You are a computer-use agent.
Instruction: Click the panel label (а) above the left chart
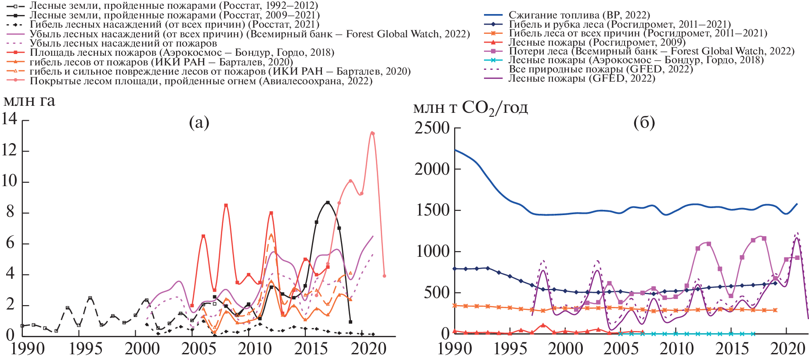click(x=199, y=122)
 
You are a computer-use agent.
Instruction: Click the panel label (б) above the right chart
click(x=644, y=122)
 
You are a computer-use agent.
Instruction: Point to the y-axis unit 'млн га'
click(x=29, y=101)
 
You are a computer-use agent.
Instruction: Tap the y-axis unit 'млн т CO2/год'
click(x=470, y=108)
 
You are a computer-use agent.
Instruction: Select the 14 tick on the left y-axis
click(x=9, y=119)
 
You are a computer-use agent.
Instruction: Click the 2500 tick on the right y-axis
click(x=432, y=128)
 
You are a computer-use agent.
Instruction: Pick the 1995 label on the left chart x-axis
click(x=86, y=349)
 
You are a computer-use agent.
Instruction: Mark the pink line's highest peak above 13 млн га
click(x=372, y=133)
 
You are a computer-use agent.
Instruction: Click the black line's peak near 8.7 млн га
click(x=328, y=202)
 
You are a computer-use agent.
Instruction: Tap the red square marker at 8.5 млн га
click(x=226, y=205)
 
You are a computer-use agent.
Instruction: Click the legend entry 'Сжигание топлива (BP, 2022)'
click(x=579, y=15)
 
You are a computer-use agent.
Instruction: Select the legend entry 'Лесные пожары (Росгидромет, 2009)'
click(x=596, y=43)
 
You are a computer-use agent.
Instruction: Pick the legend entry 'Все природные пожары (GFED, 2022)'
click(x=600, y=69)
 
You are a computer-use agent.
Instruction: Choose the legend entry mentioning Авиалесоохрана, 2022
click(x=201, y=81)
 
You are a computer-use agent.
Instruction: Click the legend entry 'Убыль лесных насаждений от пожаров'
click(x=123, y=43)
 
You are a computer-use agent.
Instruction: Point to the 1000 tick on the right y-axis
click(x=432, y=252)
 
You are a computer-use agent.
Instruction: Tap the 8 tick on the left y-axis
click(x=10, y=212)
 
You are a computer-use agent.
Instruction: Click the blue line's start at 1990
click(x=455, y=150)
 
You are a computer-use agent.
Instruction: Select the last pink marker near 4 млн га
click(x=384, y=276)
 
